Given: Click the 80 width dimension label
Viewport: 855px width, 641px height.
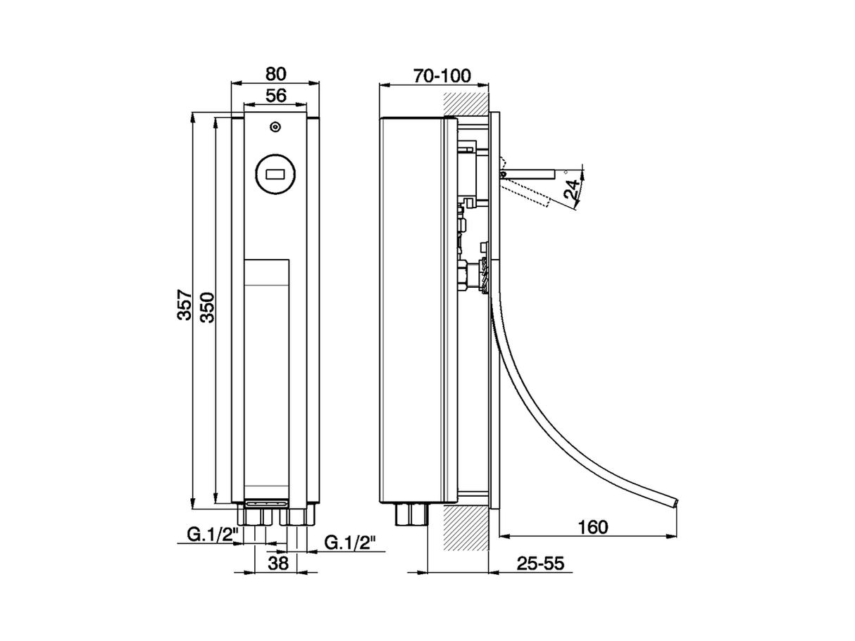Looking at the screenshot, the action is tap(275, 74).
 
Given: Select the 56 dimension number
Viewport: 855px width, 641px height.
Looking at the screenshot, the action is tap(275, 96).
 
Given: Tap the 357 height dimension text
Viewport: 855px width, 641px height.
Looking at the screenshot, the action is tap(185, 305).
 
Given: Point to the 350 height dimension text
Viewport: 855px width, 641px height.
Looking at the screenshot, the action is tap(207, 307).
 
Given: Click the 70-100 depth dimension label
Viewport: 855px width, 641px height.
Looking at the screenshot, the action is tap(442, 76).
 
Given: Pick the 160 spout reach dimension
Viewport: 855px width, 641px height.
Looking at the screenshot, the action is tap(593, 527).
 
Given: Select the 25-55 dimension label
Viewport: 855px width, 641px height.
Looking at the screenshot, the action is tap(540, 563).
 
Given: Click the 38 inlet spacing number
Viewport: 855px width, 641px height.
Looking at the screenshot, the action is tap(278, 563).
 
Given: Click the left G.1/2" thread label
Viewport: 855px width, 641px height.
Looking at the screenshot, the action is tap(212, 534).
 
